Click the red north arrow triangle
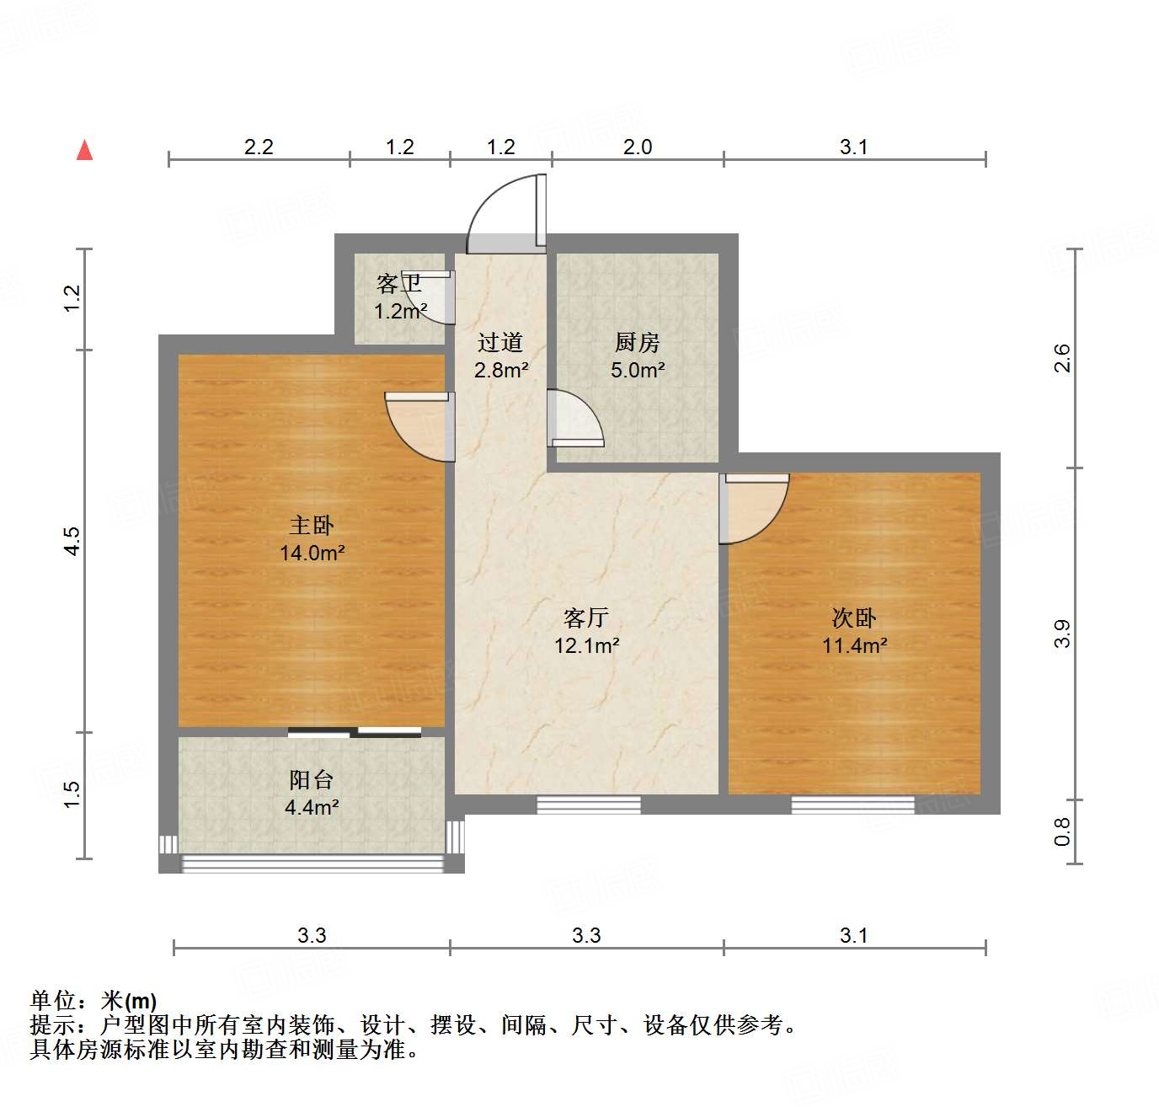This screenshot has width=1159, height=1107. pyautogui.click(x=84, y=151)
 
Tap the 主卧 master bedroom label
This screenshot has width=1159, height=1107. pyautogui.click(x=312, y=526)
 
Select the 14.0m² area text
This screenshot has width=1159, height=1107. pyautogui.click(x=312, y=553)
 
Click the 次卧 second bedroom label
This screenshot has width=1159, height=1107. pyautogui.click(x=854, y=618)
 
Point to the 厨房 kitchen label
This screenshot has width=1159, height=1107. pyautogui.click(x=637, y=342)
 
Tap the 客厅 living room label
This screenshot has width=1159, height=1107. pyautogui.click(x=586, y=618)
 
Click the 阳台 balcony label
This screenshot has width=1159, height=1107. pyautogui.click(x=312, y=779)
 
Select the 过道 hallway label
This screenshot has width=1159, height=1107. pyautogui.click(x=500, y=342)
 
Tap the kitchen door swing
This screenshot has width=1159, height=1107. pyautogui.click(x=575, y=419)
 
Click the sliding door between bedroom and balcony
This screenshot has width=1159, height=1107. pyautogui.click(x=355, y=732)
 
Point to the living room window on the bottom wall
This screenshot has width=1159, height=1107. pyautogui.click(x=589, y=805)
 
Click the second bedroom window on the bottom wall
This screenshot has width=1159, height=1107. pyautogui.click(x=852, y=805)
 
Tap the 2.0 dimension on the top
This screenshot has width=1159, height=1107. pyautogui.click(x=638, y=147)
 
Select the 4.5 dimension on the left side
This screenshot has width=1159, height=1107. pyautogui.click(x=72, y=540)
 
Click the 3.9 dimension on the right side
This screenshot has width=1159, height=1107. pyautogui.click(x=1063, y=633)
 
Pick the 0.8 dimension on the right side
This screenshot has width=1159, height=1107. pyautogui.click(x=1063, y=832)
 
